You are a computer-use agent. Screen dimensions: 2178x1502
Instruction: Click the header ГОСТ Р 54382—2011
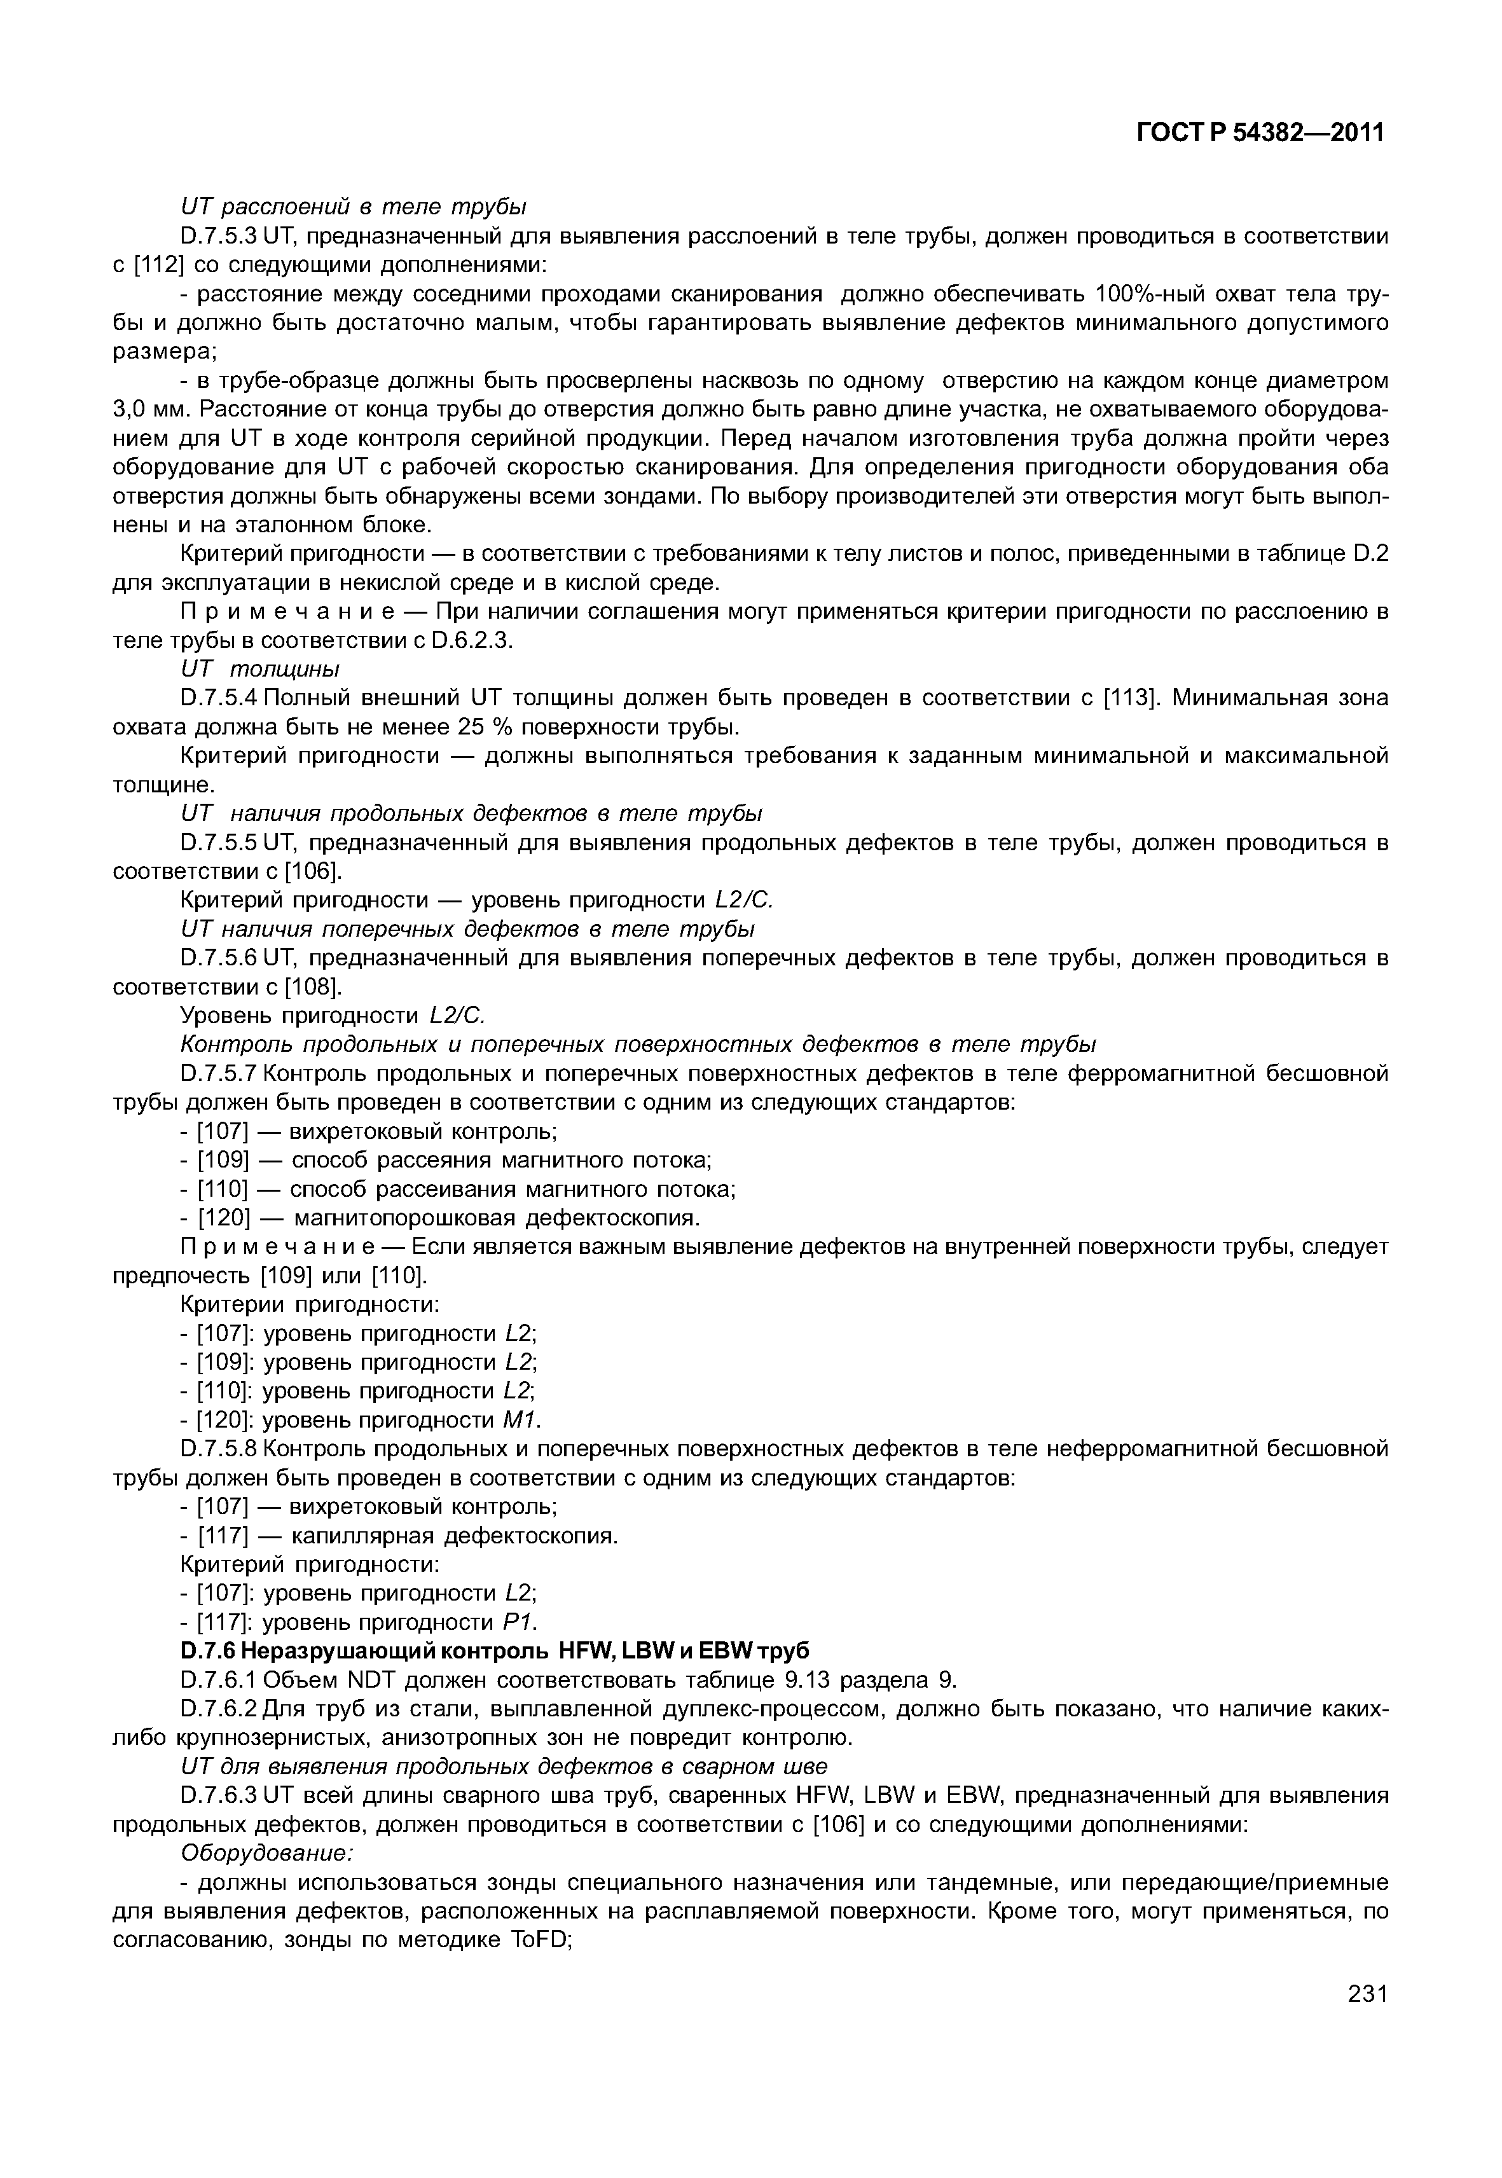(1260, 133)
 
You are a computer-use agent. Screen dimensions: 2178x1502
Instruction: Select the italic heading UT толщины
(259, 668)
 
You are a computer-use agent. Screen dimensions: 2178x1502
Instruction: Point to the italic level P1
(515, 1622)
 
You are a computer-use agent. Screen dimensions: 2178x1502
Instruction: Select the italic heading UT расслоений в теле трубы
(353, 206)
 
